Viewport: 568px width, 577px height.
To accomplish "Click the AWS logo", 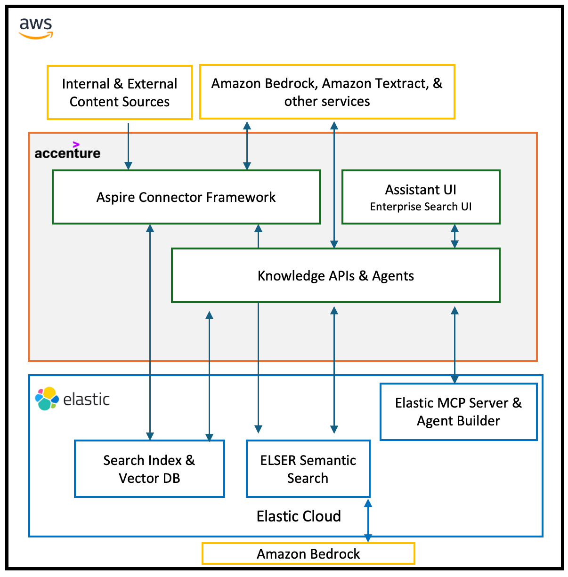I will click(x=36, y=28).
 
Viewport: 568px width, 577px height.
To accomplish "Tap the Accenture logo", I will click(x=67, y=151).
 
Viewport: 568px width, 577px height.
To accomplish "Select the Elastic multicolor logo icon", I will click(x=47, y=399).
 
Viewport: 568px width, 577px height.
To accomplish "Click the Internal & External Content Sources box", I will click(x=120, y=92).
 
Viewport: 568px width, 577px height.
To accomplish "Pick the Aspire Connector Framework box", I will click(x=186, y=197).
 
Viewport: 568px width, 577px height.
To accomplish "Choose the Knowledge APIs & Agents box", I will click(x=335, y=275).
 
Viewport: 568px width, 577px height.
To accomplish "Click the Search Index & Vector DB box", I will click(x=149, y=469).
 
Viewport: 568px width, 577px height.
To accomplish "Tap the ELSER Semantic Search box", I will click(x=308, y=469).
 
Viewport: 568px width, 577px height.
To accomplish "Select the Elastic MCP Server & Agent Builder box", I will click(x=458, y=412).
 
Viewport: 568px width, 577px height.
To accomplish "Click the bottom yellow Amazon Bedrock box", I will click(x=308, y=553).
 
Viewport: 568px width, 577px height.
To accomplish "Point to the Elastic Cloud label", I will click(x=299, y=516).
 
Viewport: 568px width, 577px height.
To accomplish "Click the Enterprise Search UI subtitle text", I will click(x=421, y=207).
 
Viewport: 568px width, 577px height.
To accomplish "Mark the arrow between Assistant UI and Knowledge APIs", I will click(x=454, y=236).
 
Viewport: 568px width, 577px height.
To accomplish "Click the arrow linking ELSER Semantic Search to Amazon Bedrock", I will click(x=368, y=520).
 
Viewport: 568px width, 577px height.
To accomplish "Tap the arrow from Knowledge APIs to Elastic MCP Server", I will click(x=454, y=344).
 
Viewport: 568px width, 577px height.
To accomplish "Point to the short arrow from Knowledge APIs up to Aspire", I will click(x=258, y=236).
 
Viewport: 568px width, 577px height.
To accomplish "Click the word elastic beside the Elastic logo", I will click(x=86, y=399).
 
